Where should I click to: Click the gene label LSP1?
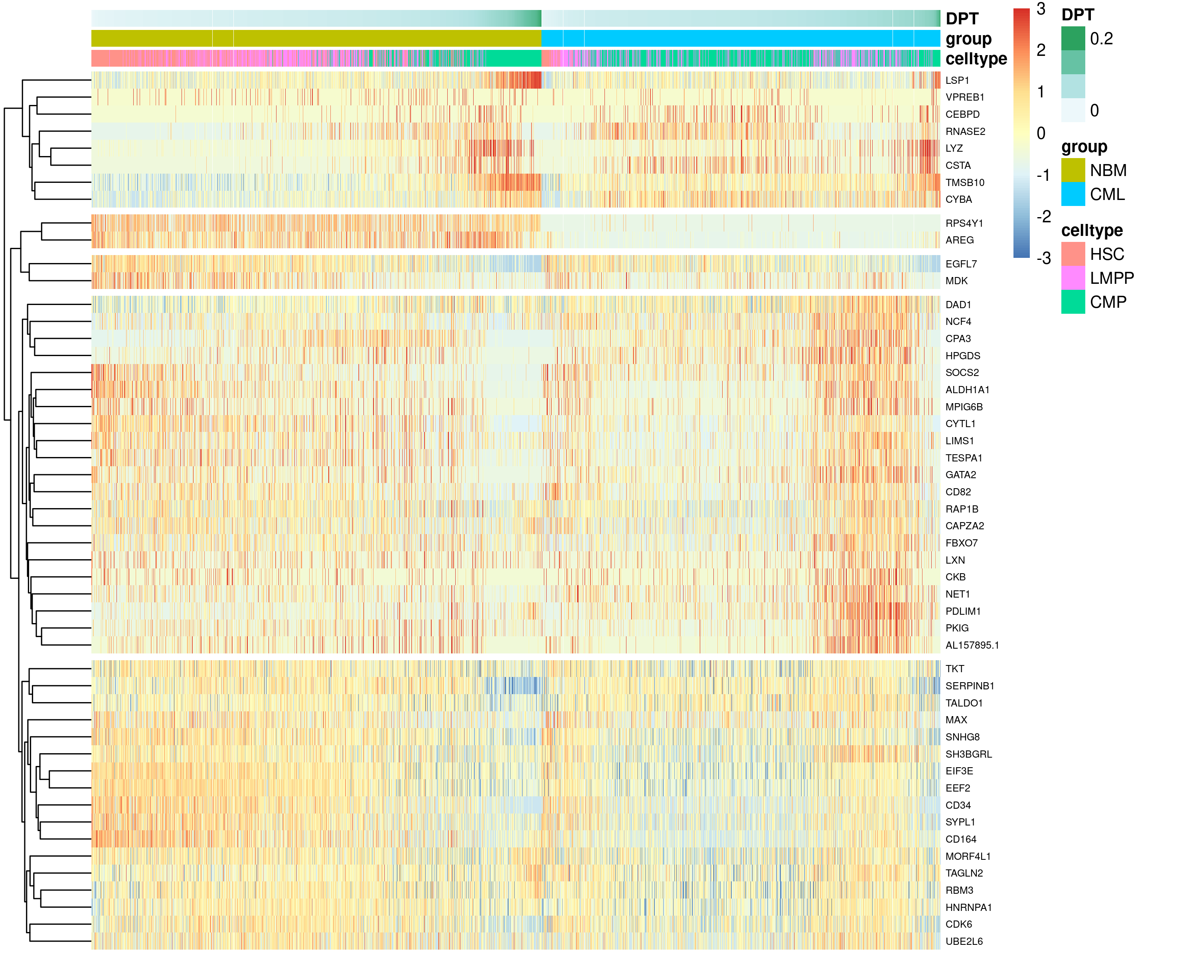click(x=957, y=81)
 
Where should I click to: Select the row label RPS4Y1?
click(x=964, y=223)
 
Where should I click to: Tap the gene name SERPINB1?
click(x=969, y=686)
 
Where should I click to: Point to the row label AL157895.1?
click(x=972, y=645)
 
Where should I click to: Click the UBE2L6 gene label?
click(x=964, y=941)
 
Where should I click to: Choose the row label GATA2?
click(x=960, y=475)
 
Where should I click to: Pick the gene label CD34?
click(x=958, y=805)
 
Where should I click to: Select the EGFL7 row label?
click(x=961, y=264)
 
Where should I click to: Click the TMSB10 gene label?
click(x=964, y=183)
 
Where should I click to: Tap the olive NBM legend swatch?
click(x=1073, y=170)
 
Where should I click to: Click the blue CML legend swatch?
click(x=1073, y=194)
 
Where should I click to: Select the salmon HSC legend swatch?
click(x=1073, y=254)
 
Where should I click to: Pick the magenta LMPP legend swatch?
click(x=1073, y=278)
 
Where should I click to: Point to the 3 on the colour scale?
click(x=1041, y=9)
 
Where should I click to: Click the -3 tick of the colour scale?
click(x=1043, y=258)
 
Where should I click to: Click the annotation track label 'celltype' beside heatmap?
click(x=976, y=59)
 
